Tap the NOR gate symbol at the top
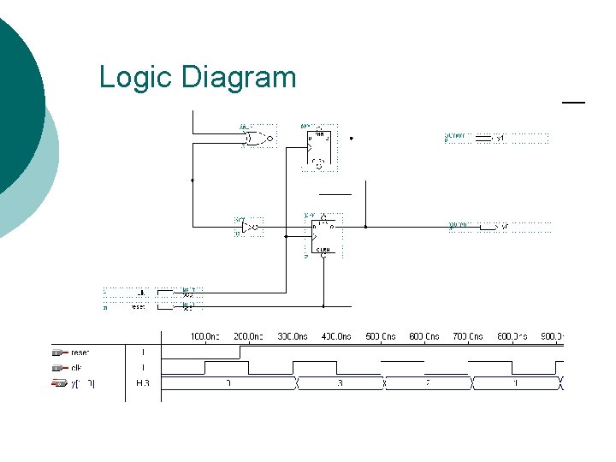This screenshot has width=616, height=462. pyautogui.click(x=256, y=138)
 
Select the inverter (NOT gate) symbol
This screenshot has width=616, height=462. pyautogui.click(x=248, y=227)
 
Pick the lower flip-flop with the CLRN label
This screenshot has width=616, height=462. pyautogui.click(x=323, y=235)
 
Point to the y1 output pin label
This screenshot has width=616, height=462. pyautogui.click(x=501, y=137)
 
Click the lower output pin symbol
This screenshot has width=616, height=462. pyautogui.click(x=489, y=227)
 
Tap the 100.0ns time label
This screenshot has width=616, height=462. pyautogui.click(x=206, y=336)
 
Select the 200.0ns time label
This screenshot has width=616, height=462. pyautogui.click(x=250, y=336)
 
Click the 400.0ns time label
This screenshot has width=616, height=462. pyautogui.click(x=337, y=336)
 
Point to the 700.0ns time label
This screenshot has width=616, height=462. pyautogui.click(x=468, y=336)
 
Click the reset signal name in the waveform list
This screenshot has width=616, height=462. pyautogui.click(x=80, y=352)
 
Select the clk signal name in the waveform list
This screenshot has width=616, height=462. pyautogui.click(x=75, y=368)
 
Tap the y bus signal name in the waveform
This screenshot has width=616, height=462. pyautogui.click(x=82, y=383)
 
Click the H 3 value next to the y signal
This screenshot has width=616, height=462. pyautogui.click(x=142, y=383)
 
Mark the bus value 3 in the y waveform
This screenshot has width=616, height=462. pyautogui.click(x=340, y=383)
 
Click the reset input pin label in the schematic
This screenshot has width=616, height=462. pyautogui.click(x=138, y=305)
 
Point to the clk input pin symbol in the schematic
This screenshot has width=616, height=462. pyautogui.click(x=188, y=292)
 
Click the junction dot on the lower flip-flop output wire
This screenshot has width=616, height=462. pyautogui.click(x=365, y=227)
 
